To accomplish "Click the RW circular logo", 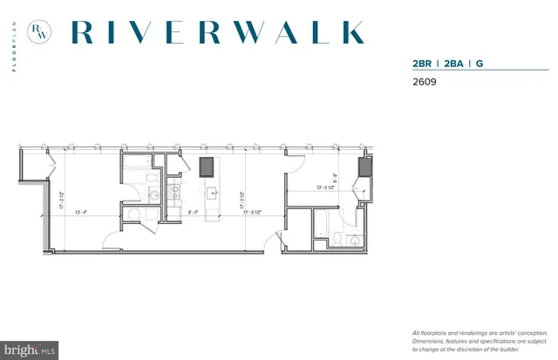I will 39,32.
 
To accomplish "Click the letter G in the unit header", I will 482,64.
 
